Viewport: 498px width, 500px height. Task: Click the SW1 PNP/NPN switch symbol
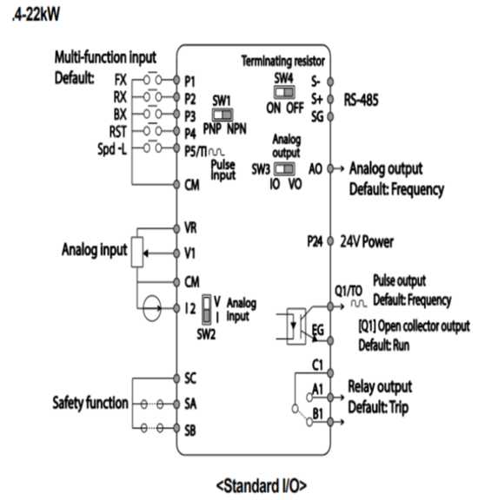click(x=222, y=115)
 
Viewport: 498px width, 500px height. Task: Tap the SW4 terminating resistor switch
click(x=284, y=92)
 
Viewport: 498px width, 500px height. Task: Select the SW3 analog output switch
click(x=284, y=168)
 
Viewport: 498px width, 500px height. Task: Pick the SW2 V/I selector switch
click(x=207, y=309)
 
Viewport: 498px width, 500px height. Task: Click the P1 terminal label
click(x=189, y=82)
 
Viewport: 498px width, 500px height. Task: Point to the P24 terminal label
click(x=315, y=241)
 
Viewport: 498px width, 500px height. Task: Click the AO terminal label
click(x=315, y=168)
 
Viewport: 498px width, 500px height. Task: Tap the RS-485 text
click(x=361, y=100)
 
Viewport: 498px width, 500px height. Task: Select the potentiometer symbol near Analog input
click(x=137, y=253)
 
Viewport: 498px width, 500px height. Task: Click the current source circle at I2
click(x=151, y=307)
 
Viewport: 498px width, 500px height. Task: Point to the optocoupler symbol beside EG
click(x=295, y=326)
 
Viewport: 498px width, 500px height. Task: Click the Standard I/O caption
click(x=261, y=486)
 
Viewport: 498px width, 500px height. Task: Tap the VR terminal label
click(x=190, y=228)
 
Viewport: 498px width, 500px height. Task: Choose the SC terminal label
click(x=190, y=378)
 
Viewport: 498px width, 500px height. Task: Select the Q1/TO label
click(x=349, y=291)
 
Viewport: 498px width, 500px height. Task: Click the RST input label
click(x=118, y=132)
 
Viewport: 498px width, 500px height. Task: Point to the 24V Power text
click(x=367, y=241)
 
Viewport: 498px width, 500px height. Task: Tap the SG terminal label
click(x=317, y=116)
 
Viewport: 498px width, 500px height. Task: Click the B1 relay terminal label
click(x=317, y=414)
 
